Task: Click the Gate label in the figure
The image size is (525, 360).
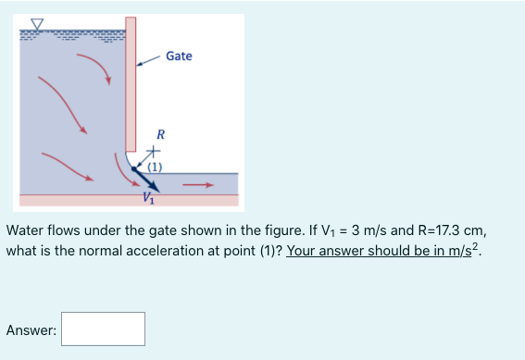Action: pos(180,56)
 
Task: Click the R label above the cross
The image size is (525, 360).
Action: pos(159,134)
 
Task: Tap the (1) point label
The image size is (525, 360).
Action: pos(154,168)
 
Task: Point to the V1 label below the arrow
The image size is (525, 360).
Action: pos(149,196)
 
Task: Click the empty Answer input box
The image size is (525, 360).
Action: pos(104,329)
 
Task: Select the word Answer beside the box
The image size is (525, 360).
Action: pos(31,329)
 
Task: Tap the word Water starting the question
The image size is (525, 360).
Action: pos(27,230)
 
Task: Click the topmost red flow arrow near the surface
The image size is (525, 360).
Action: pos(93,65)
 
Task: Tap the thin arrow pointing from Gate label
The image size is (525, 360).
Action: pos(148,61)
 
